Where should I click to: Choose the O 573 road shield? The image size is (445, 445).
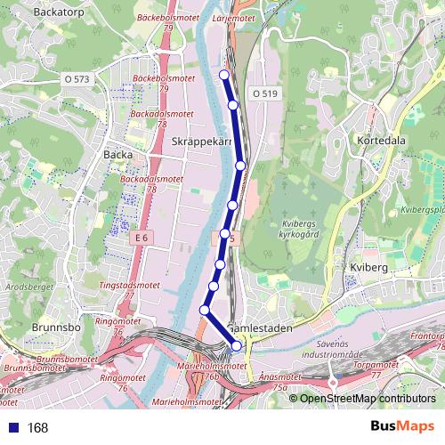click(77, 79)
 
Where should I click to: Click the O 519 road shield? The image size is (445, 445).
click(264, 93)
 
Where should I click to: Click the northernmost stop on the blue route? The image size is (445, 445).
click(224, 74)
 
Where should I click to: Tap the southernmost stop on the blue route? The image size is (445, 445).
click(237, 345)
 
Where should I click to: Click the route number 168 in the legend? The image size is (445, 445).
click(37, 427)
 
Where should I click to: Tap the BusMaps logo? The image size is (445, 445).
click(401, 426)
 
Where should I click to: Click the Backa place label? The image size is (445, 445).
click(117, 154)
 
